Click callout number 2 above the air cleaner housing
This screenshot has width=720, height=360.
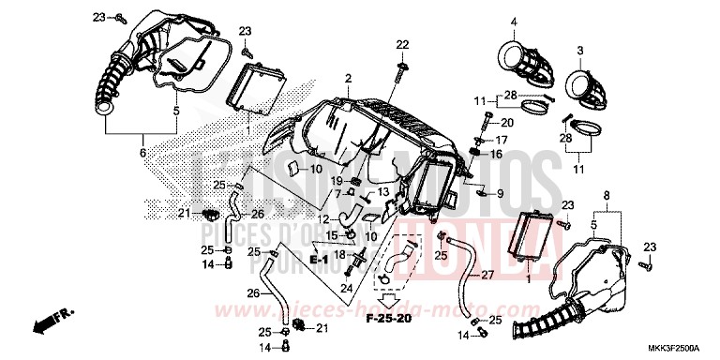click(347, 78)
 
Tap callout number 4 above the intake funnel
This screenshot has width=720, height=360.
click(513, 22)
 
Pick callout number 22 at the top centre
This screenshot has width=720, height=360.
click(402, 45)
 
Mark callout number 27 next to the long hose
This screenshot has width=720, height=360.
click(487, 277)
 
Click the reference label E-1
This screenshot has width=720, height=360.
click(319, 258)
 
